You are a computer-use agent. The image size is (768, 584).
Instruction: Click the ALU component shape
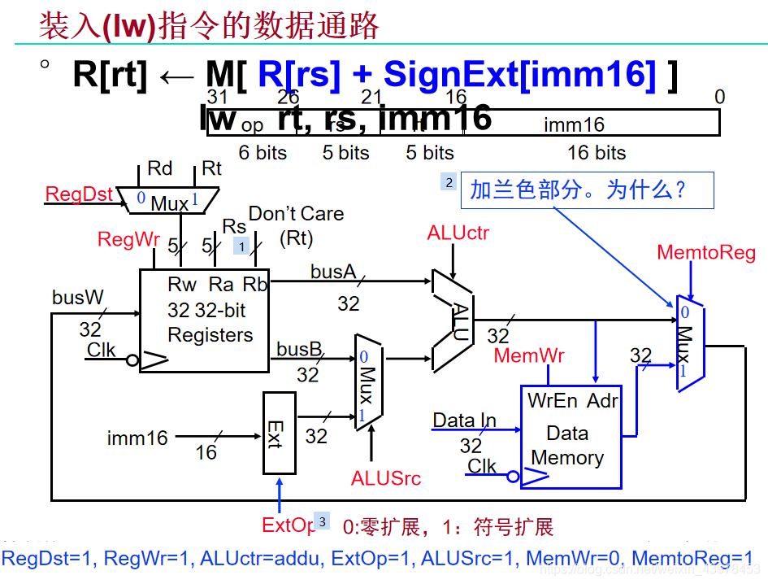pos(452,320)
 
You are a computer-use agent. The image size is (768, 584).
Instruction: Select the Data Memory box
pos(571,436)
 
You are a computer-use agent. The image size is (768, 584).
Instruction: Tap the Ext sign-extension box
pos(279,433)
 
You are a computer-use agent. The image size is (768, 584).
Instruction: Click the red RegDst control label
pos(79,194)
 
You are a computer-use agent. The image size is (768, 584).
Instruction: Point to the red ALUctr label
pos(458,234)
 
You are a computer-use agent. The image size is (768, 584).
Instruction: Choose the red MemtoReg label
pos(705,253)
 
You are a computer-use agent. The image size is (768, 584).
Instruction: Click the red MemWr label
pos(529,355)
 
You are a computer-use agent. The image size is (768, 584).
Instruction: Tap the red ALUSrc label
pos(386,478)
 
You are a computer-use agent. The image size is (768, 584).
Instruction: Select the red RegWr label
pos(128,239)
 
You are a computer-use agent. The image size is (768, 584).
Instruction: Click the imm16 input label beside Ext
pos(137,438)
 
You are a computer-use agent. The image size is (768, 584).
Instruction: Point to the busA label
pos(333,271)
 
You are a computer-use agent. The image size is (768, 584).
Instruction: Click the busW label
pos(78,298)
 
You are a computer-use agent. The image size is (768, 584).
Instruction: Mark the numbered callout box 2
pos(448,182)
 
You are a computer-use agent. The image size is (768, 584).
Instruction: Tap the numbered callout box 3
pos(322,521)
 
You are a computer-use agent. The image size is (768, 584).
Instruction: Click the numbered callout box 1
pos(241,245)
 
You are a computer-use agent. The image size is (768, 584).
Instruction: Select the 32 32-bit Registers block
pos(204,320)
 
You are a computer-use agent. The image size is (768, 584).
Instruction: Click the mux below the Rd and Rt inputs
pos(167,200)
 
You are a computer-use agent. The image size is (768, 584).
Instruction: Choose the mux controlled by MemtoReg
pos(689,342)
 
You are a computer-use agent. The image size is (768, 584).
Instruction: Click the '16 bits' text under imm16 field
pos(596,153)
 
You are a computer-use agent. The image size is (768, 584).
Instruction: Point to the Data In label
pos(464,421)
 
